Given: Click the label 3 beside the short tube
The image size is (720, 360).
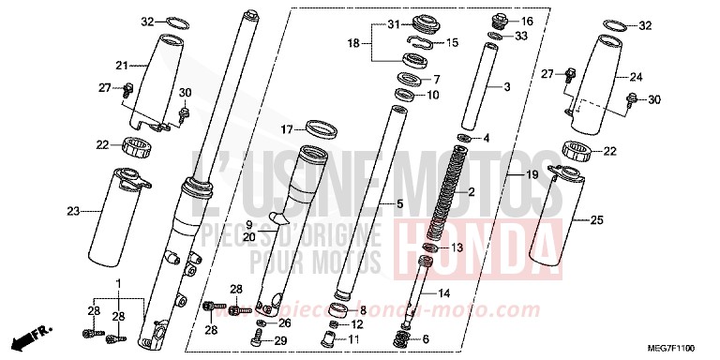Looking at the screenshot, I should pos(506,87).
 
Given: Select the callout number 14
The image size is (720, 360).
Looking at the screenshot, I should pos(444,293).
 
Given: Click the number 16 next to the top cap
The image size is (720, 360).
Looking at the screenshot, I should pos(526,21).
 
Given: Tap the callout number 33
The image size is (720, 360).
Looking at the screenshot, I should pos(520,37).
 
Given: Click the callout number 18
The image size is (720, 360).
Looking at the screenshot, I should pos(353,43).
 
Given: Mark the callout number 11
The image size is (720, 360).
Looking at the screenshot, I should pos(353,338).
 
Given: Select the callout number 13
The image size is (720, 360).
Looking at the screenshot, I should pos(458,248).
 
